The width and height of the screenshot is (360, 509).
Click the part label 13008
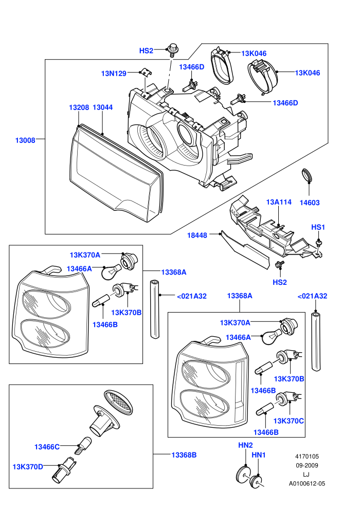tap(25, 140)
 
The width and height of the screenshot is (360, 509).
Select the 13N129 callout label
tap(114, 74)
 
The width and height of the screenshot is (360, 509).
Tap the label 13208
tap(79, 107)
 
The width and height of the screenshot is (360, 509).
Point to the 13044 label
tap(102, 107)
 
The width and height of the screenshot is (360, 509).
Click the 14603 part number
tap(310, 203)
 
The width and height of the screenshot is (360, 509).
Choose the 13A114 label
tap(279, 202)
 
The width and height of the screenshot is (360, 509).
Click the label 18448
tap(197, 235)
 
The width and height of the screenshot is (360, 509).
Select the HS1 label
tap(318, 227)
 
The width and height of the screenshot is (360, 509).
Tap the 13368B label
tap(184, 455)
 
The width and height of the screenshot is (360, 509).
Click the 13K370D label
tap(28, 467)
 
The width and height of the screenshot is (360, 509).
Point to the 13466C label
tap(47, 447)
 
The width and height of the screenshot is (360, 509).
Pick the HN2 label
tap(245, 445)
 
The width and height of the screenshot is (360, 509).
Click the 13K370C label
tap(289, 421)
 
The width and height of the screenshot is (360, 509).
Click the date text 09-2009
tap(307, 465)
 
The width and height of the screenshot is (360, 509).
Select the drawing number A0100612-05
tap(307, 483)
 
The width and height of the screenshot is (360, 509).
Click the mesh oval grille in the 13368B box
tap(118, 403)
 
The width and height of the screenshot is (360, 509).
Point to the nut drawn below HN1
tap(256, 482)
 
